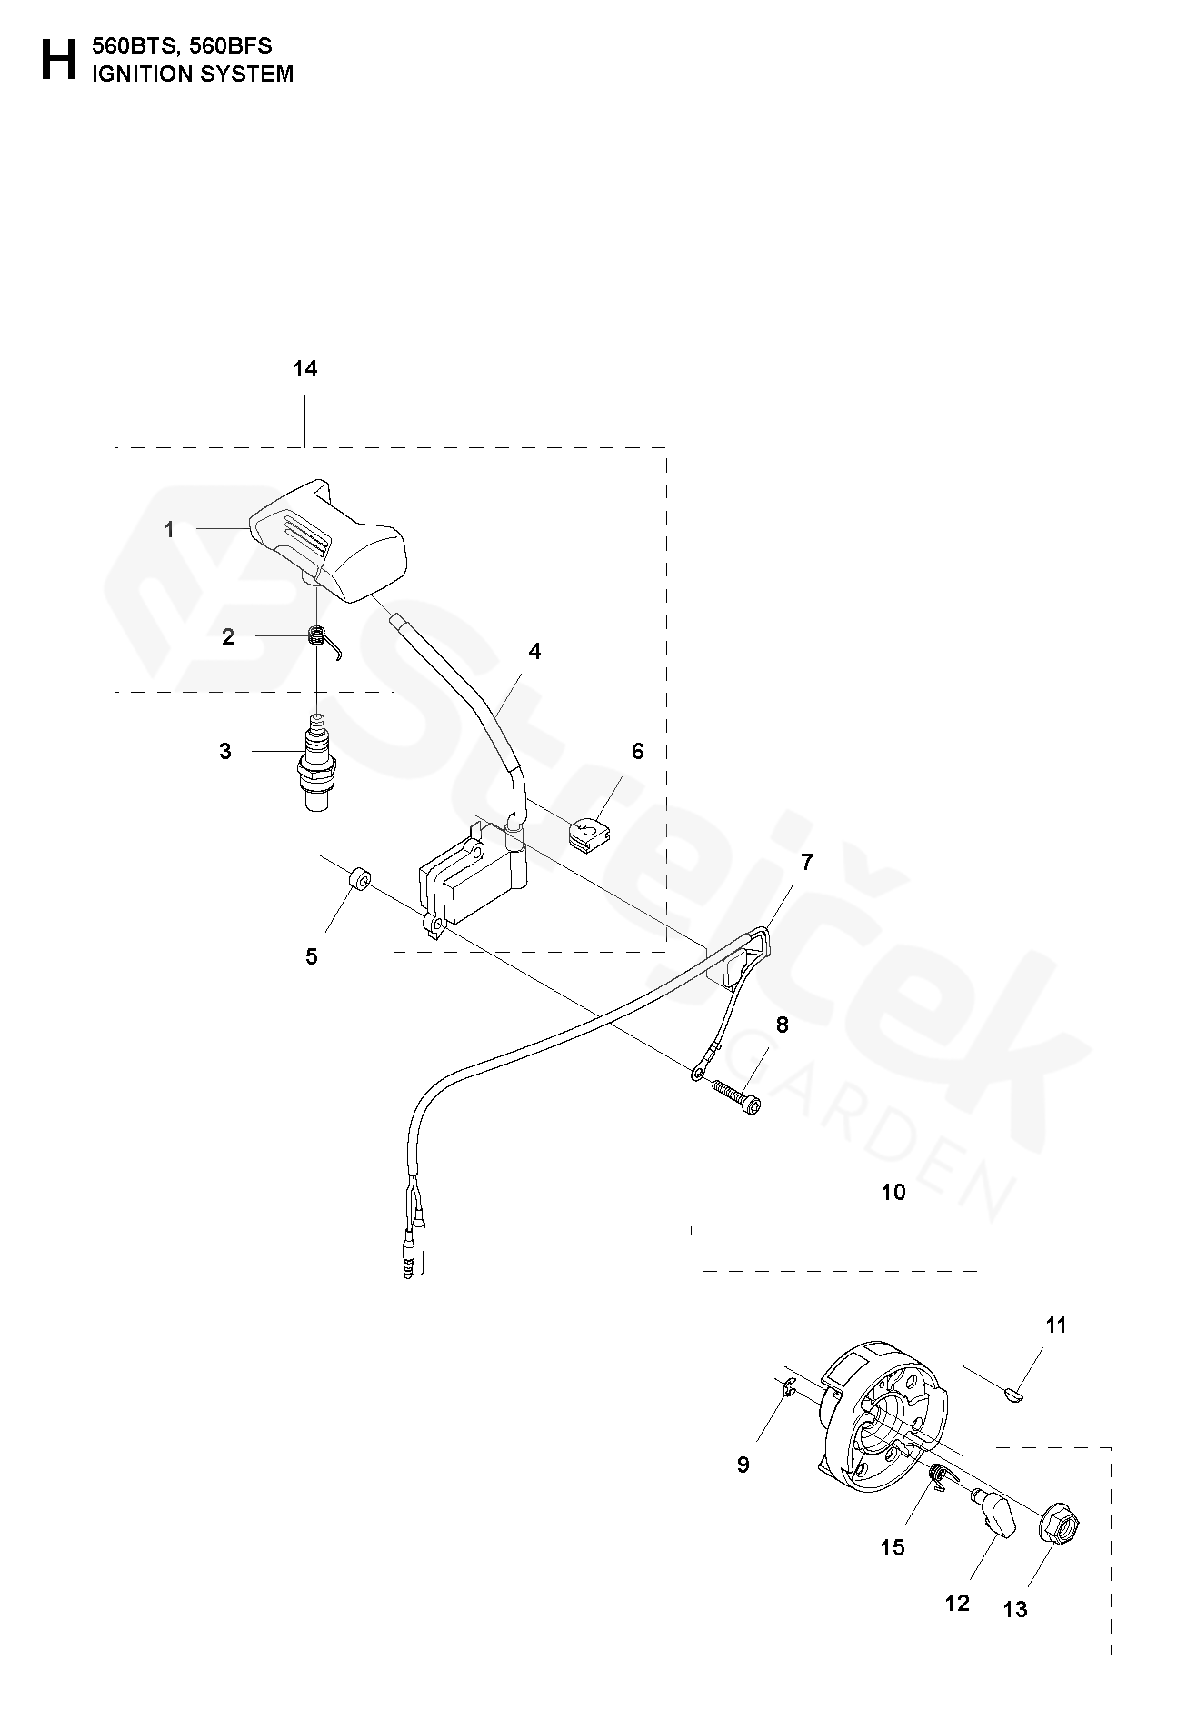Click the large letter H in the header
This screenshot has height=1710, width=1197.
(58, 60)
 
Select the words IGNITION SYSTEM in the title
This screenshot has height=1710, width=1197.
(192, 75)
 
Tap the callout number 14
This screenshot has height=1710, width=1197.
(305, 369)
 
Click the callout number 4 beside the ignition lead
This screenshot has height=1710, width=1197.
(534, 651)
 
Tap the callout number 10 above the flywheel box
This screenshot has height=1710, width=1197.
(893, 1191)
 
